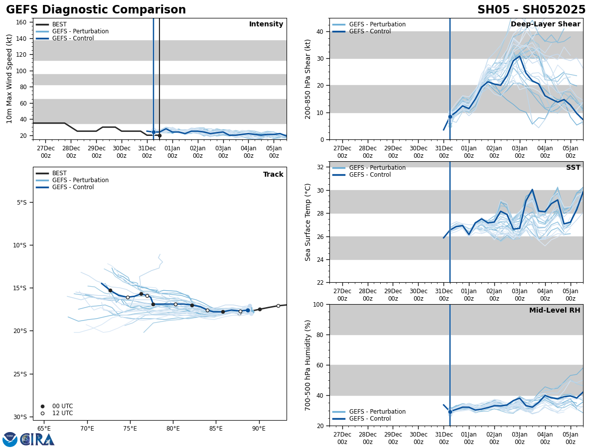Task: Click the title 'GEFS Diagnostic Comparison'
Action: tap(96, 10)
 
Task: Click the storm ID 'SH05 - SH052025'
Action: tap(531, 10)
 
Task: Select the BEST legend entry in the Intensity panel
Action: tap(59, 24)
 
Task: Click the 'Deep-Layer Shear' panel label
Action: tap(545, 24)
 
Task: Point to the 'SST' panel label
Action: tap(573, 168)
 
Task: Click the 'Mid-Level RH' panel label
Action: tap(554, 311)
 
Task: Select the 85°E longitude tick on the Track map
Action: tap(216, 428)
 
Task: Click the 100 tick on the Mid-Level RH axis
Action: tap(318, 305)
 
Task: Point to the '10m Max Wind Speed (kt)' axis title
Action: tap(9, 79)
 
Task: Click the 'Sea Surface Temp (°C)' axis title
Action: tap(308, 222)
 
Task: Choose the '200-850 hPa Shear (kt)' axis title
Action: tap(308, 79)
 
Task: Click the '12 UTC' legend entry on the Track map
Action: tap(62, 413)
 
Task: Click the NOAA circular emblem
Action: tap(9, 439)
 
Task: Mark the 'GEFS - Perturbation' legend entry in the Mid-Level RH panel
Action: tap(377, 412)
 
